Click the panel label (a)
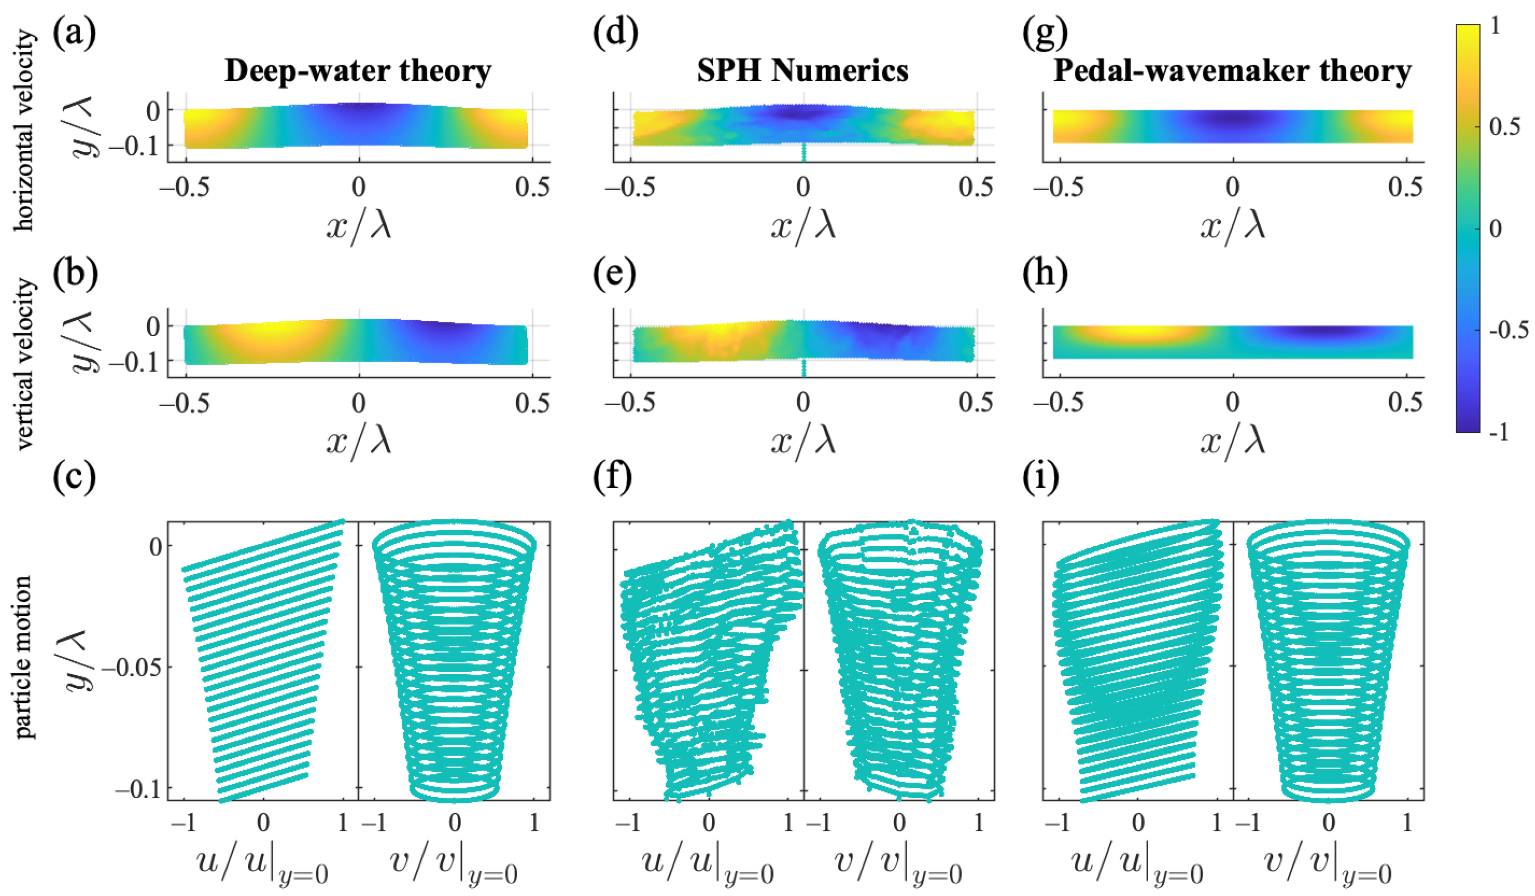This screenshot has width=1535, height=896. pyautogui.click(x=74, y=34)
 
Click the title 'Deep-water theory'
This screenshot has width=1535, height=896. pyautogui.click(x=358, y=72)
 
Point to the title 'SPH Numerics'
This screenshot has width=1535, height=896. pyautogui.click(x=802, y=72)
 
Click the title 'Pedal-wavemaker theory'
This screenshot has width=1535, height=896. pyautogui.click(x=1232, y=72)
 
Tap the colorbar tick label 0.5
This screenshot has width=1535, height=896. pyautogui.click(x=1504, y=126)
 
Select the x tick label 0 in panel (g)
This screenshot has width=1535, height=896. pyautogui.click(x=1232, y=186)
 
